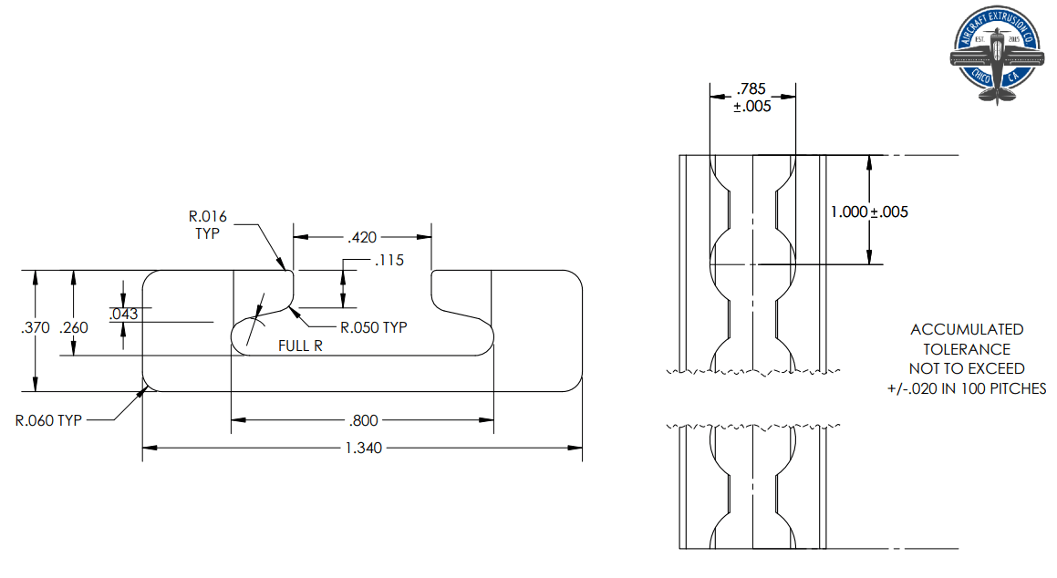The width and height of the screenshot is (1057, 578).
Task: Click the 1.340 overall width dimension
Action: (364, 448)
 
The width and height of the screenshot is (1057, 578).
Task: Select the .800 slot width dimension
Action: (364, 420)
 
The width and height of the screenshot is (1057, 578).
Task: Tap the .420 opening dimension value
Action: (362, 237)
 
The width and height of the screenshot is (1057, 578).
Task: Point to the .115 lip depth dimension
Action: (389, 262)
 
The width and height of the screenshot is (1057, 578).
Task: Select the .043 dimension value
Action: (123, 315)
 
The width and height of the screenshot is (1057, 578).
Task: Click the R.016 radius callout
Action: (208, 217)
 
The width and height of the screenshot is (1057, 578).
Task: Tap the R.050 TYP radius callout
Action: (374, 327)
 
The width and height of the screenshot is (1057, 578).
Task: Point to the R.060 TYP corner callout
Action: (48, 420)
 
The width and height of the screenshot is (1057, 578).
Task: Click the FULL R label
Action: (300, 346)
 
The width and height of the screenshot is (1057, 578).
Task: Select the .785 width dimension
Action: (751, 89)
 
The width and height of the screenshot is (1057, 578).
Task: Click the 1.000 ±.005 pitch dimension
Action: (869, 212)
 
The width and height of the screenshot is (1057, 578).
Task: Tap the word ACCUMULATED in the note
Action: (967, 329)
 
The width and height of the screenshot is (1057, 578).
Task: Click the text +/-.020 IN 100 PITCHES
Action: (967, 388)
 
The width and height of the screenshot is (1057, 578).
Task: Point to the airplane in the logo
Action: (996, 57)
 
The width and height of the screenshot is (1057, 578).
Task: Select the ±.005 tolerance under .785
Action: (752, 106)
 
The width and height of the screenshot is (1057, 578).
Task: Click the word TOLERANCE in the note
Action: (967, 349)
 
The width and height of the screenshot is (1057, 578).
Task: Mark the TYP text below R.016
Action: (208, 233)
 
